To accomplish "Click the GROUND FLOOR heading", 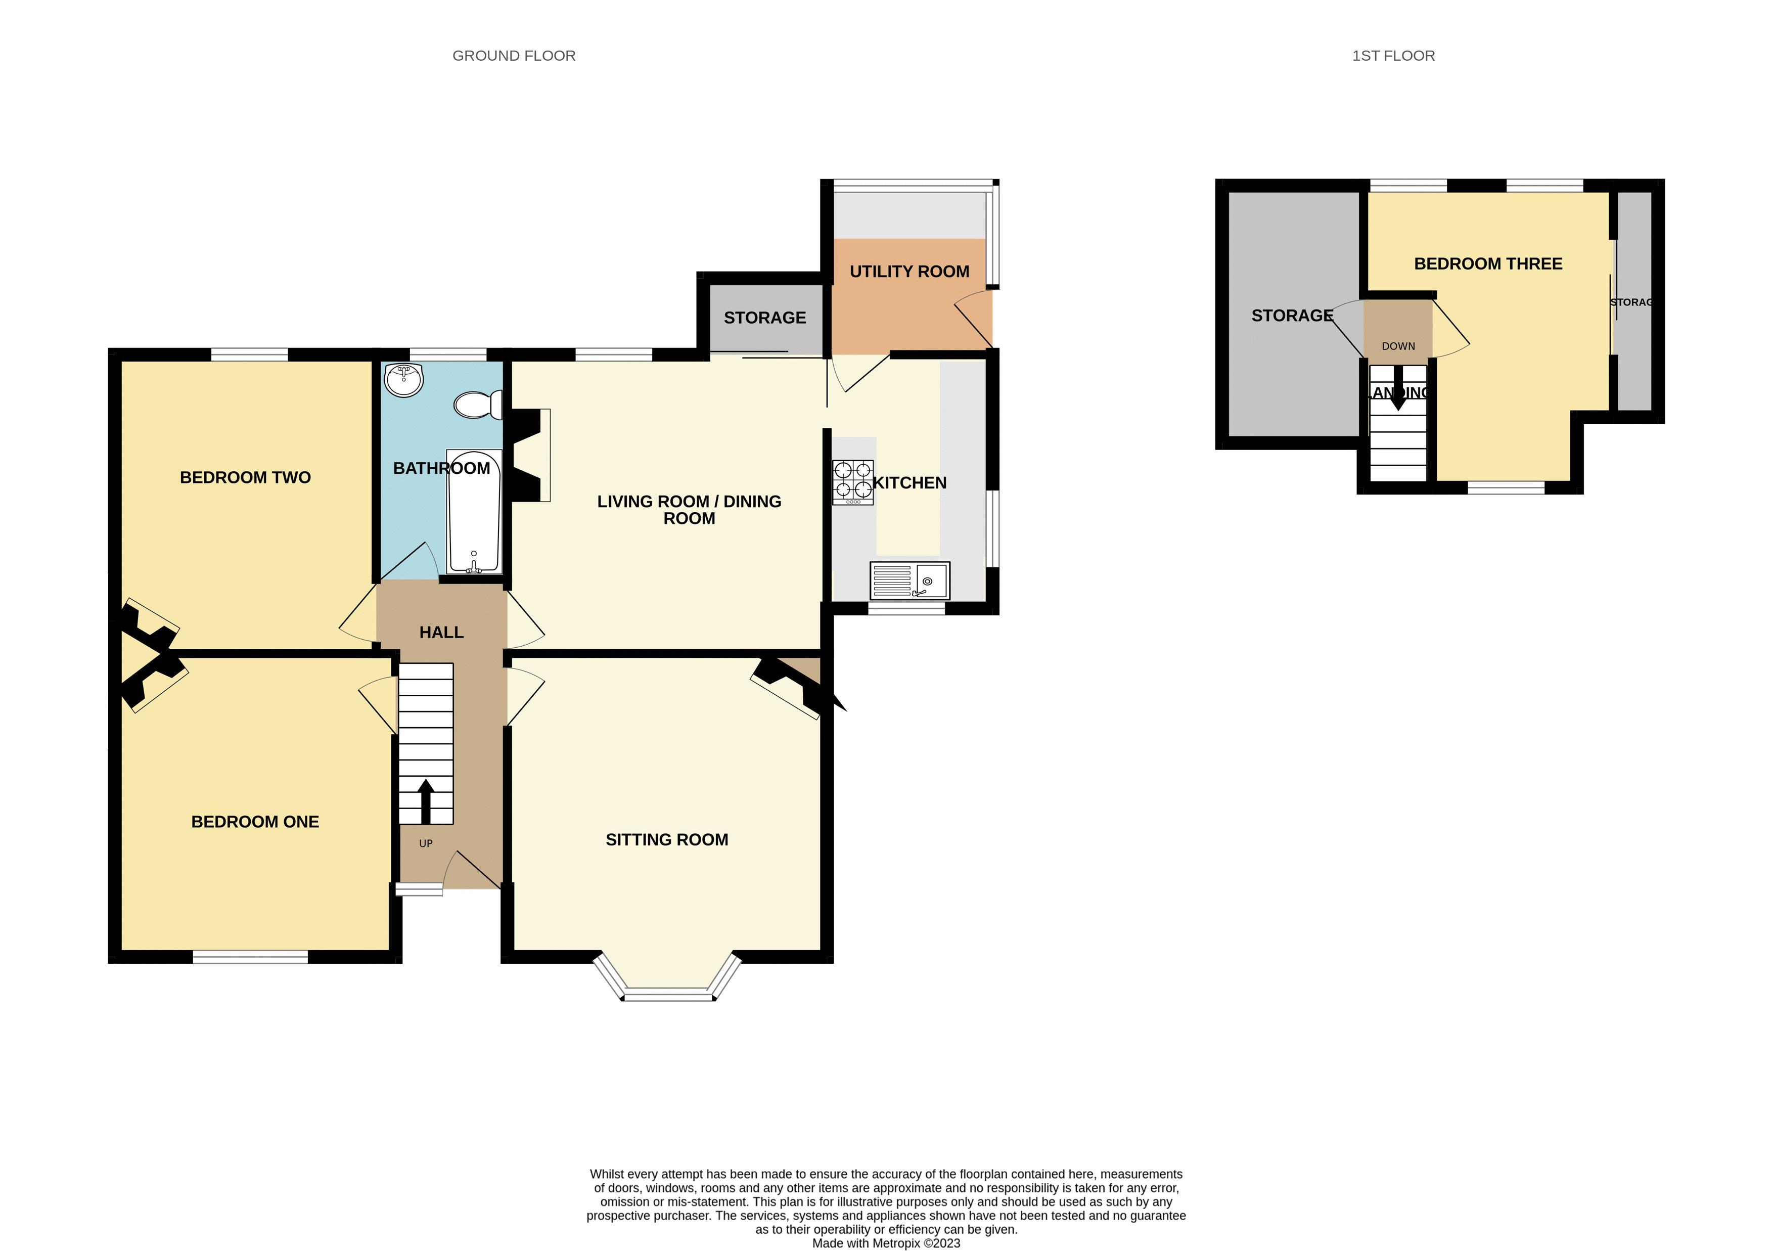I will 514,56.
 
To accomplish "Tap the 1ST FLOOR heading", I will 1393,56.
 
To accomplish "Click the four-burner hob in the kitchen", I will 852,482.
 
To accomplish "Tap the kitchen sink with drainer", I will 909,580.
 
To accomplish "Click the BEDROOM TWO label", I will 245,477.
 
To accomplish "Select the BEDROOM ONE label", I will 255,822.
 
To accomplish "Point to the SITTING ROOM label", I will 666,839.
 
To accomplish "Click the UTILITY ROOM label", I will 909,272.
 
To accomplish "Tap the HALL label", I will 441,633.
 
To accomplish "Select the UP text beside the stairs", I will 426,843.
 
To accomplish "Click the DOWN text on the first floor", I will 1398,346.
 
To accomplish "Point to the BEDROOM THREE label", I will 1487,264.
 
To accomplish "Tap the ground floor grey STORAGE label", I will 764,318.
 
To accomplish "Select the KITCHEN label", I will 910,482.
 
